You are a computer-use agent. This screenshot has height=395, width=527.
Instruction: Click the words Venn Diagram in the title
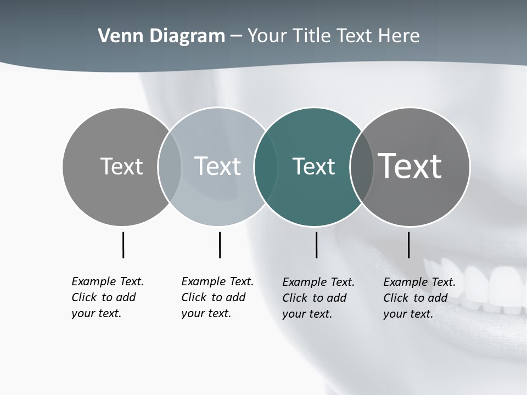pos(161,36)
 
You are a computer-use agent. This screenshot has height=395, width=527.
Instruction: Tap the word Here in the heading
pos(399,36)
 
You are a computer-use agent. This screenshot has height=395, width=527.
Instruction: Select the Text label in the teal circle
pos(313,167)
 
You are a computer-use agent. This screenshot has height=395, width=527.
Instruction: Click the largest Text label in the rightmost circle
pos(410,166)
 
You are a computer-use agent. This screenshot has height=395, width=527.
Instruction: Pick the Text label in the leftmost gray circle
pos(121,166)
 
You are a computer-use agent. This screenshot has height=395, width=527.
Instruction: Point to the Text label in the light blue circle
pos(217,166)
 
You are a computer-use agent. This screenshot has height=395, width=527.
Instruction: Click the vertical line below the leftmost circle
pos(123,245)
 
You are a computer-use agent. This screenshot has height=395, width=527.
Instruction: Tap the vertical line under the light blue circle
pos(220,245)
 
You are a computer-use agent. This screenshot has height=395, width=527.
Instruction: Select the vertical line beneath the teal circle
pos(316,245)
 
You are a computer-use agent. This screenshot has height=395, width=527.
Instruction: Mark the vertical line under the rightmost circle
pos(408,245)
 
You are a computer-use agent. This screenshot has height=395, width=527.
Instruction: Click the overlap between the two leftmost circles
pos(170,167)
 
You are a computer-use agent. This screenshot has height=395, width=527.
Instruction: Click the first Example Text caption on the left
pos(107,297)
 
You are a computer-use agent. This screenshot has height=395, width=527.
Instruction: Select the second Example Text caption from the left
pos(217,297)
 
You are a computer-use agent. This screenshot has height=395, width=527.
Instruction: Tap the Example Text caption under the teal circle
pos(318,298)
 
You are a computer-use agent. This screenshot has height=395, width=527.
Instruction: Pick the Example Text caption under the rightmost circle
pos(419,298)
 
